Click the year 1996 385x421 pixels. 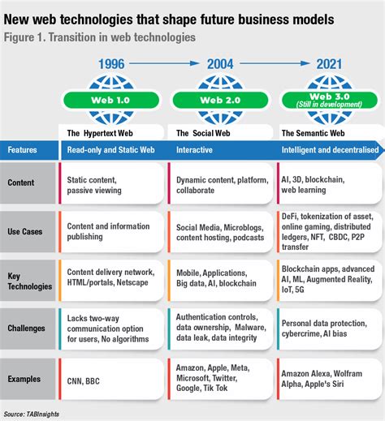point(111,64)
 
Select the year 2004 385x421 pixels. point(220,64)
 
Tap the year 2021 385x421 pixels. point(329,64)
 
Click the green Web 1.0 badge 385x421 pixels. point(111,100)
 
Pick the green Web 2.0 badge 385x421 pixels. point(220,100)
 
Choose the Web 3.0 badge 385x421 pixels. point(330,100)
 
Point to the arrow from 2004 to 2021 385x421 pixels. point(275,63)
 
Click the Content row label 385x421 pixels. point(21,183)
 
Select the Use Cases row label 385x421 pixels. point(25,232)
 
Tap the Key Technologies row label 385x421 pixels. point(29,281)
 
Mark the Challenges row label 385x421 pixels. point(26,329)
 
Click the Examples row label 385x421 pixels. point(24,379)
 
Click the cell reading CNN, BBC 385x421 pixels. point(111,379)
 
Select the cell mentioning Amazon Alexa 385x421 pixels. point(330,379)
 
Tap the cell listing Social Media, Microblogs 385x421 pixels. point(220,232)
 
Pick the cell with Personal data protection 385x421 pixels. point(330,329)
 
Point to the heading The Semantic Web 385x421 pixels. point(313,133)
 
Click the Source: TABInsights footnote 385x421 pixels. point(31,414)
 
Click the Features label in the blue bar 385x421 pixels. point(22,150)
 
